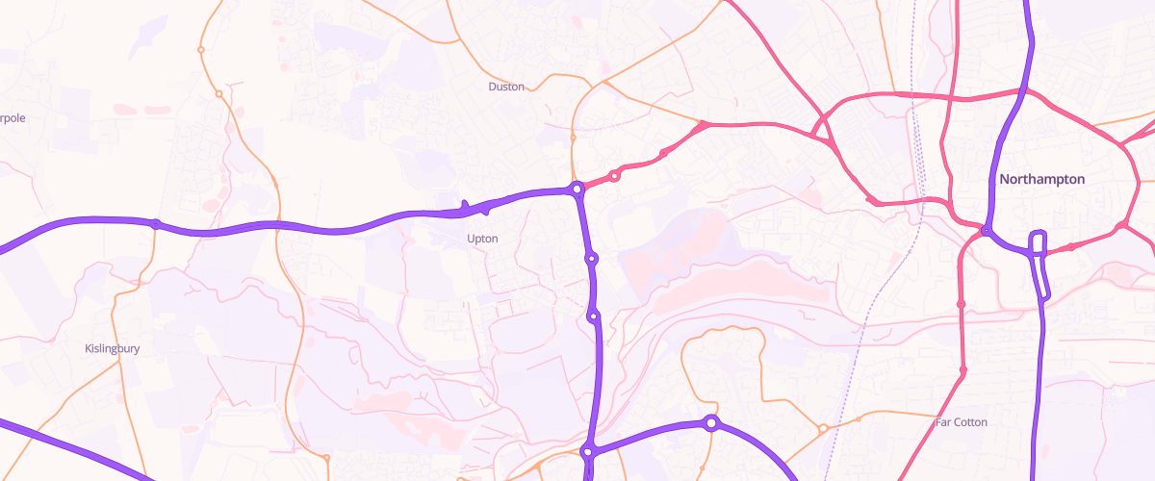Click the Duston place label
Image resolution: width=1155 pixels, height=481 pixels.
point(506,87)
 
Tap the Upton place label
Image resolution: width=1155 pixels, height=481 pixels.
point(481,238)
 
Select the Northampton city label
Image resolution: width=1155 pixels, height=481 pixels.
point(1041,180)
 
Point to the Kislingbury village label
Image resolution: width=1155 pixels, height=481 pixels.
point(113,348)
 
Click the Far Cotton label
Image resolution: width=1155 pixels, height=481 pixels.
point(961,422)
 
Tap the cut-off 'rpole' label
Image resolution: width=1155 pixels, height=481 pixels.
point(13,118)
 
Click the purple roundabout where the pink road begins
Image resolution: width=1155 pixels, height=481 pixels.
point(577,190)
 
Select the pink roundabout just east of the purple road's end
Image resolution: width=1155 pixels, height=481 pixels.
point(614,175)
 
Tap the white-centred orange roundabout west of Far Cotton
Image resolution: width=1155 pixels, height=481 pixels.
point(822,428)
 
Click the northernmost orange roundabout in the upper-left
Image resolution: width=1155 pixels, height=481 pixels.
point(201,49)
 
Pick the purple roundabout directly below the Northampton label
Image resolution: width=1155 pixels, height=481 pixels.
point(987,231)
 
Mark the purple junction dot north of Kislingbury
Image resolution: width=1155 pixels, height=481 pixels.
point(155,224)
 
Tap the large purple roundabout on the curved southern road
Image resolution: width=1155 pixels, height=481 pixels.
point(710,422)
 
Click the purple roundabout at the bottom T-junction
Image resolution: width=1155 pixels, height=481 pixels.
point(587,451)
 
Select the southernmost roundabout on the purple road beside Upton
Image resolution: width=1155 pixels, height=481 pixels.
point(594,316)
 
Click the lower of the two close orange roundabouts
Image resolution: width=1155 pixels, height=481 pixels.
point(219,94)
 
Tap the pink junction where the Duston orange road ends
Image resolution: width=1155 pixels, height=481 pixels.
point(704,125)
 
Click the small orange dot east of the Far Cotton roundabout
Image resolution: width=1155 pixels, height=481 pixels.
point(859,419)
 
